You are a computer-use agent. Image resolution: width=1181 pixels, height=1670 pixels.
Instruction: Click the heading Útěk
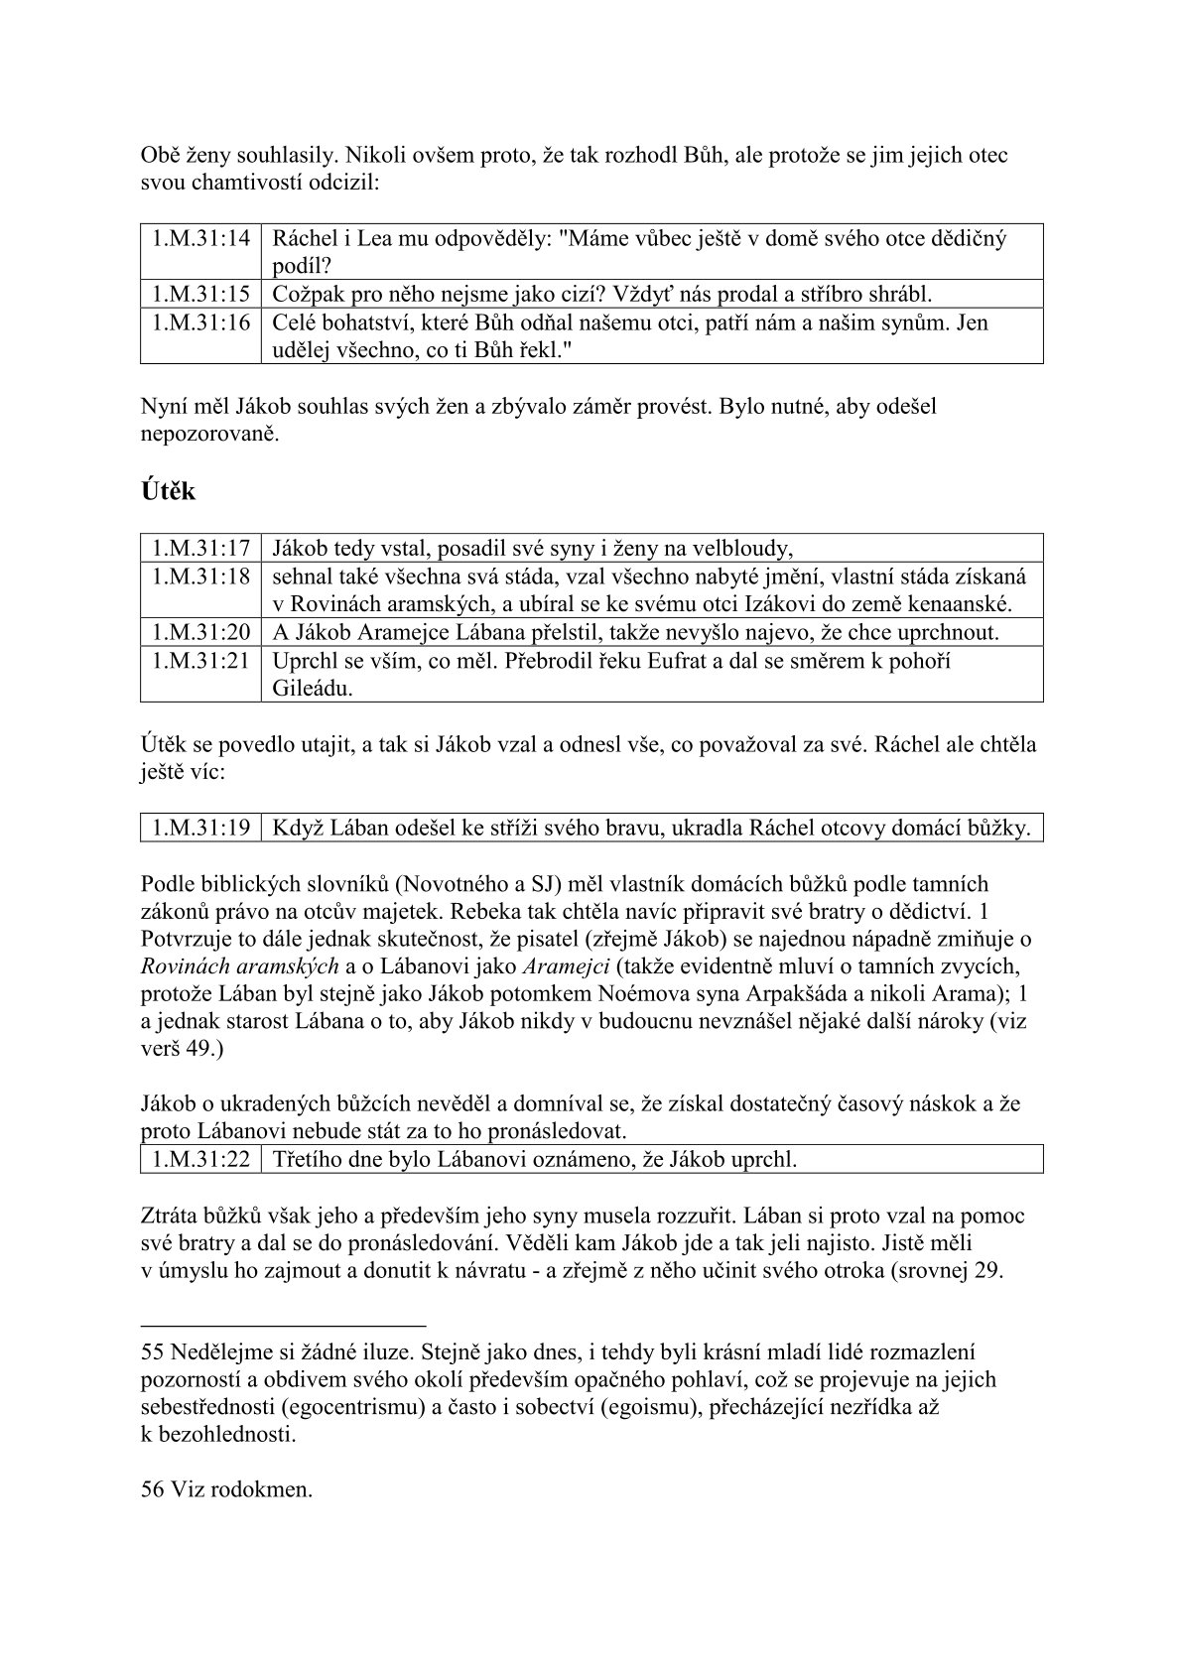(168, 491)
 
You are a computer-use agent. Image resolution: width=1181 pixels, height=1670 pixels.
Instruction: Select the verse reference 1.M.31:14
(200, 238)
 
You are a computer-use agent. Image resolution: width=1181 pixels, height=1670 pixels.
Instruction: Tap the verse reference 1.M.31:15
(200, 294)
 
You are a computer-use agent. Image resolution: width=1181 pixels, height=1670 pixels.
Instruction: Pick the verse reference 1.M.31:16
(200, 322)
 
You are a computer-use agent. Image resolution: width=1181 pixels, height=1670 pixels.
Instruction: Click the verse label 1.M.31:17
(200, 547)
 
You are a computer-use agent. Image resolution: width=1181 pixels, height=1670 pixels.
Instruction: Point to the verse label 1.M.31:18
(200, 576)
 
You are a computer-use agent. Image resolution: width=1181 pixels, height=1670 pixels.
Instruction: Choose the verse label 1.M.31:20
(200, 632)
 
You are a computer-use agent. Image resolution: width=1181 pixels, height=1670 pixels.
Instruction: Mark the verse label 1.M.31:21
(200, 660)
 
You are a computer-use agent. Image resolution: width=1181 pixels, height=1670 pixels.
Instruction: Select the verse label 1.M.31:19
(200, 828)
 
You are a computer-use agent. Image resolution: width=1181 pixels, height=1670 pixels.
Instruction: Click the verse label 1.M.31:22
(200, 1158)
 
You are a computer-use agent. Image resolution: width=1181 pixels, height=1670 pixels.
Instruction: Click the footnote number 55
(153, 1351)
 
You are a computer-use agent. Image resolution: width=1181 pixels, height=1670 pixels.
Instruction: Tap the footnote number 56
(153, 1490)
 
